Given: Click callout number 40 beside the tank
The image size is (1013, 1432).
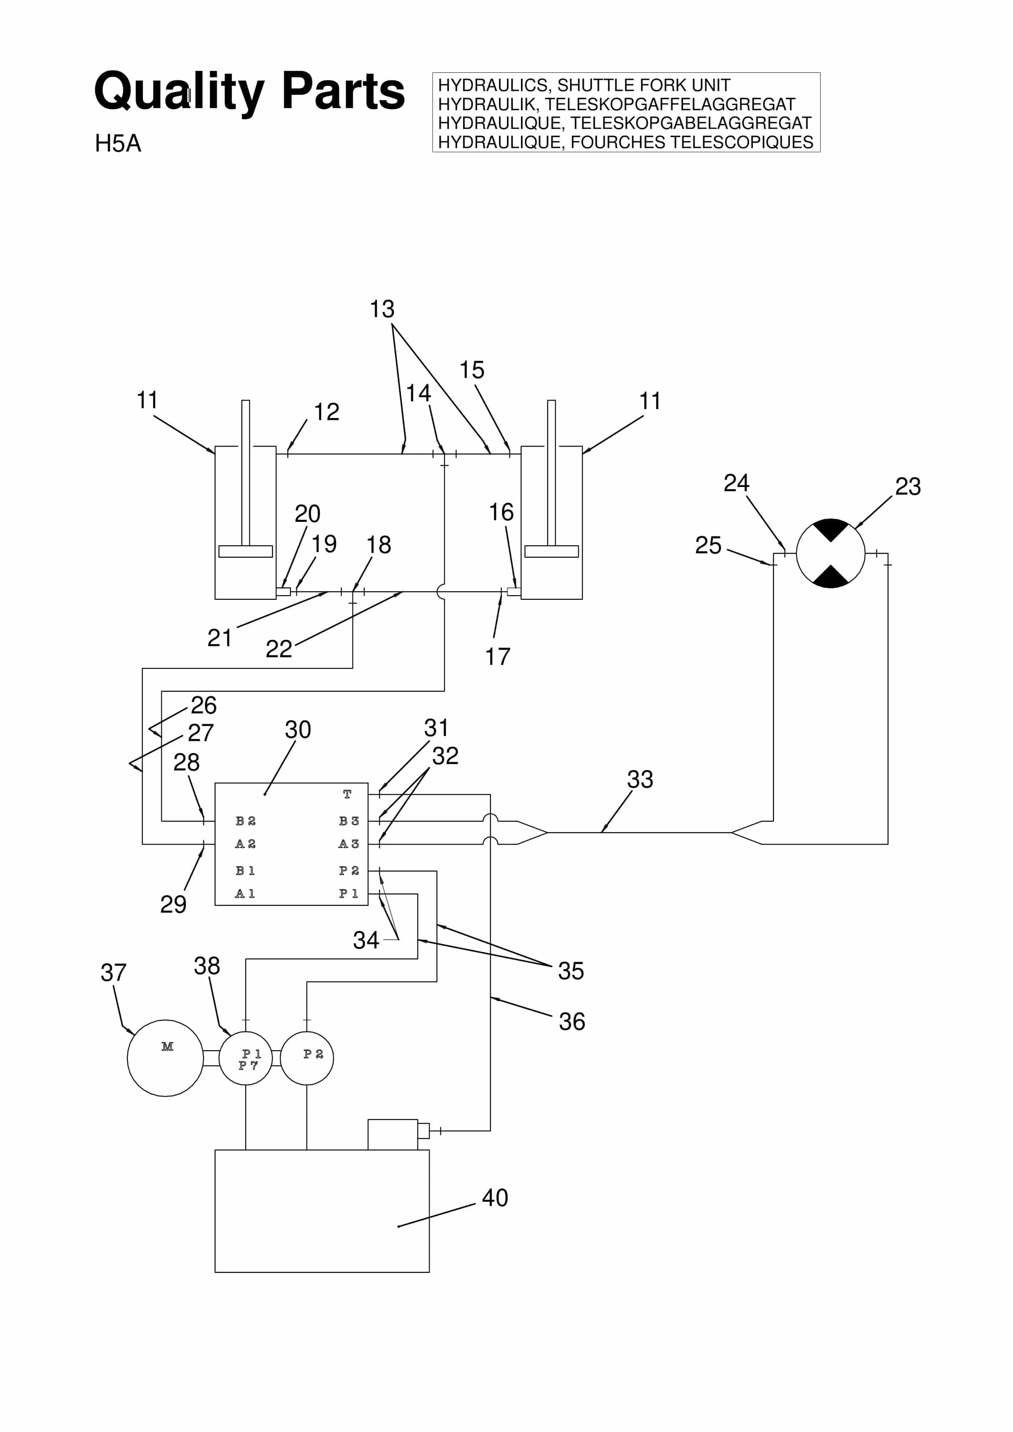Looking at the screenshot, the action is [x=495, y=1197].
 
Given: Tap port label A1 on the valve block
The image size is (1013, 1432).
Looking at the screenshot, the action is [x=245, y=894].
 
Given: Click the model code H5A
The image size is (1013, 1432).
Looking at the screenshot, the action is [x=118, y=143].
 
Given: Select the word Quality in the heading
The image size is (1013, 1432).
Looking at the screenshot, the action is [x=180, y=92].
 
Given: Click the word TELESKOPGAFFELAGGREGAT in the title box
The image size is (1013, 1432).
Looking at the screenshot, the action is [x=670, y=104].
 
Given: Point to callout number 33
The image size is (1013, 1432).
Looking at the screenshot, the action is [x=640, y=779].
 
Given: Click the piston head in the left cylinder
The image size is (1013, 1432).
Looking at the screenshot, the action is [x=246, y=551].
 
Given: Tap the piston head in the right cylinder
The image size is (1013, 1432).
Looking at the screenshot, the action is [x=552, y=551].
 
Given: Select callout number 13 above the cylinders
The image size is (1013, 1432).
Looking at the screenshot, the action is [x=382, y=309].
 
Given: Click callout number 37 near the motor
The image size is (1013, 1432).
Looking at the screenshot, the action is [x=114, y=972].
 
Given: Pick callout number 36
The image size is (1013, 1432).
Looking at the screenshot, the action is [x=572, y=1022].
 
